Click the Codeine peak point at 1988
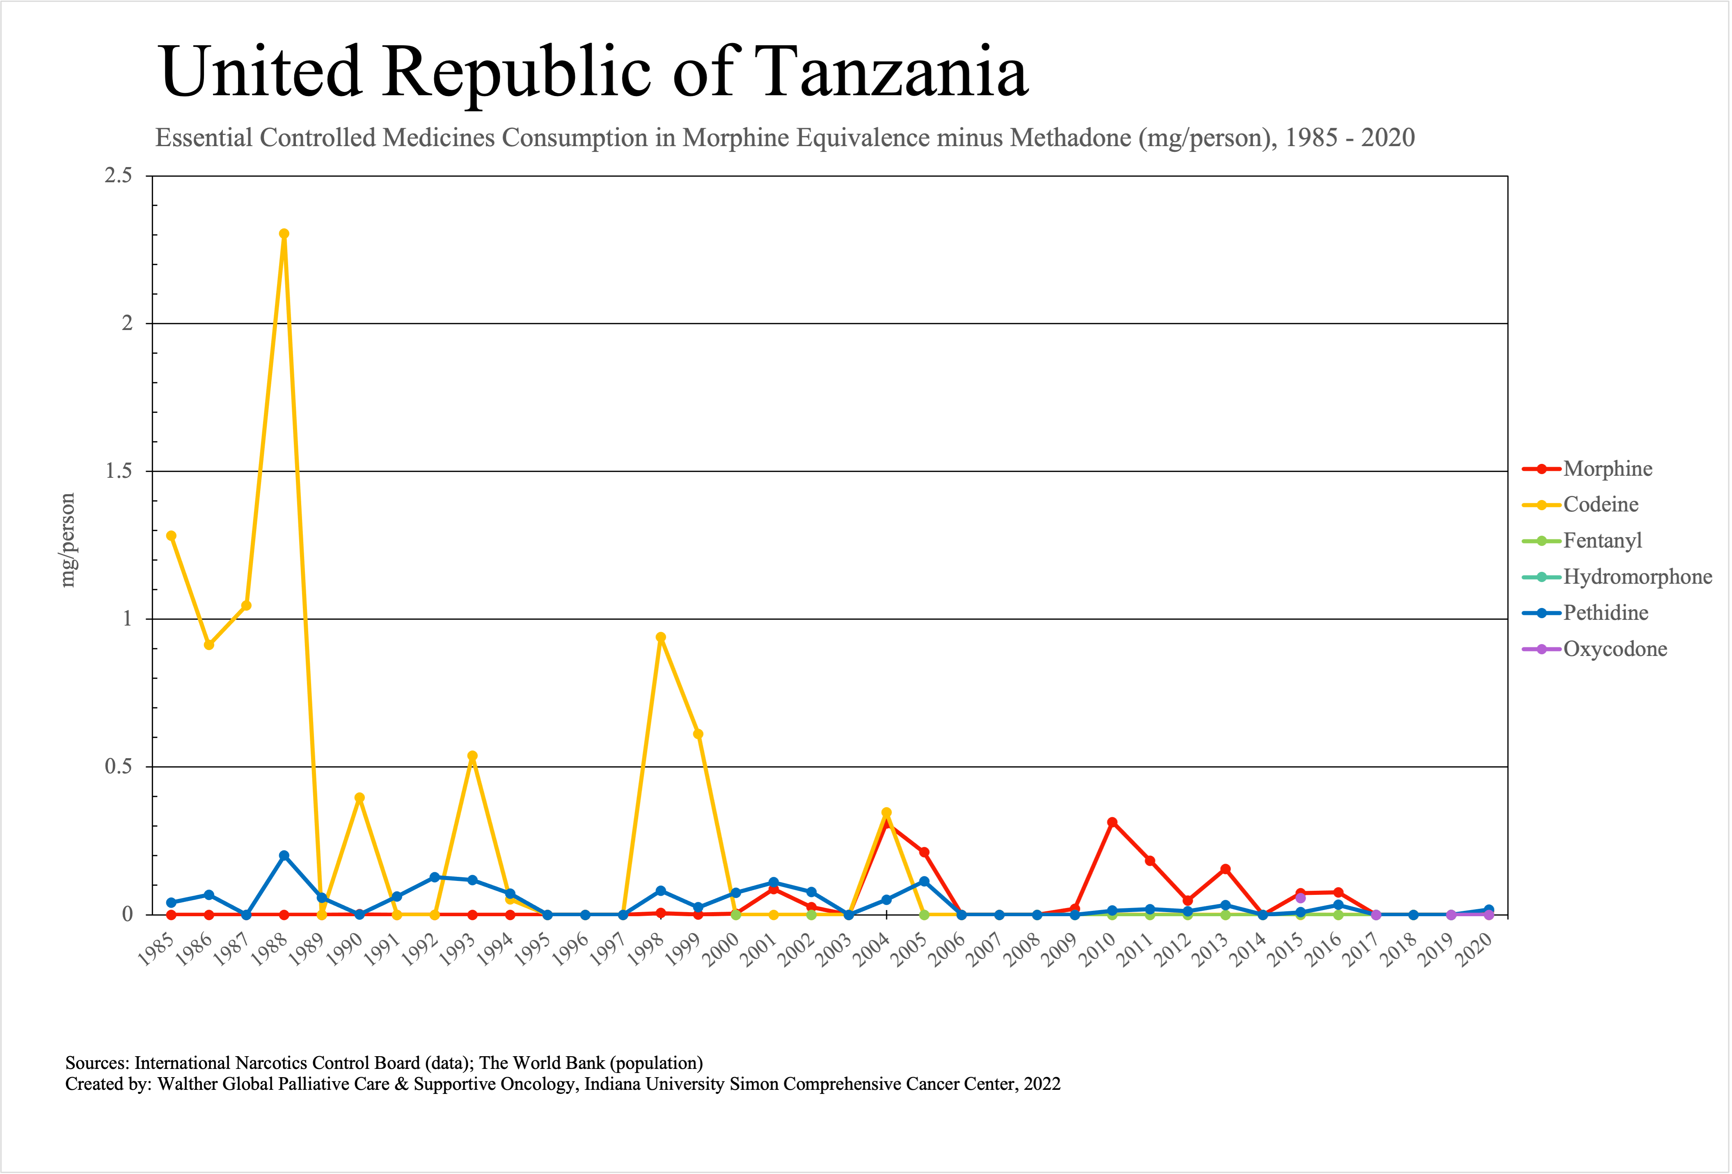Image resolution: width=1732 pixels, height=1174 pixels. pyautogui.click(x=284, y=234)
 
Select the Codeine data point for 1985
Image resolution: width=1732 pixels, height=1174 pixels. pyautogui.click(x=172, y=536)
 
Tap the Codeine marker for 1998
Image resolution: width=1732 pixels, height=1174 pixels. pyautogui.click(x=660, y=637)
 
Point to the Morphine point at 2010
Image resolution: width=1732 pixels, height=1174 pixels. pyautogui.click(x=1112, y=822)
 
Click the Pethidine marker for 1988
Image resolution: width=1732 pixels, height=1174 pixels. pyautogui.click(x=284, y=856)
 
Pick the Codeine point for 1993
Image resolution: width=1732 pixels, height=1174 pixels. pyautogui.click(x=473, y=756)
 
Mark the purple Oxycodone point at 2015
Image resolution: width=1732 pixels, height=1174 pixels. pyautogui.click(x=1300, y=897)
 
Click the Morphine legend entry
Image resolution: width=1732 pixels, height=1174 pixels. pyautogui.click(x=1608, y=469)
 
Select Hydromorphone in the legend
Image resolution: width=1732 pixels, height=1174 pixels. pyautogui.click(x=1637, y=577)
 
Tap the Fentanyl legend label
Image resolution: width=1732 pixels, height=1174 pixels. pyautogui.click(x=1602, y=541)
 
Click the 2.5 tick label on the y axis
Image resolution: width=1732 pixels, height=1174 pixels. pyautogui.click(x=118, y=176)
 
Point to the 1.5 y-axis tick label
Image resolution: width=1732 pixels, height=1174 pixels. pyautogui.click(x=118, y=471)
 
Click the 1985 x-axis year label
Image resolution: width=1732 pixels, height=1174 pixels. pyautogui.click(x=156, y=950)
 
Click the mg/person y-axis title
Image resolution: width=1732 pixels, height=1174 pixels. pyautogui.click(x=68, y=541)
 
